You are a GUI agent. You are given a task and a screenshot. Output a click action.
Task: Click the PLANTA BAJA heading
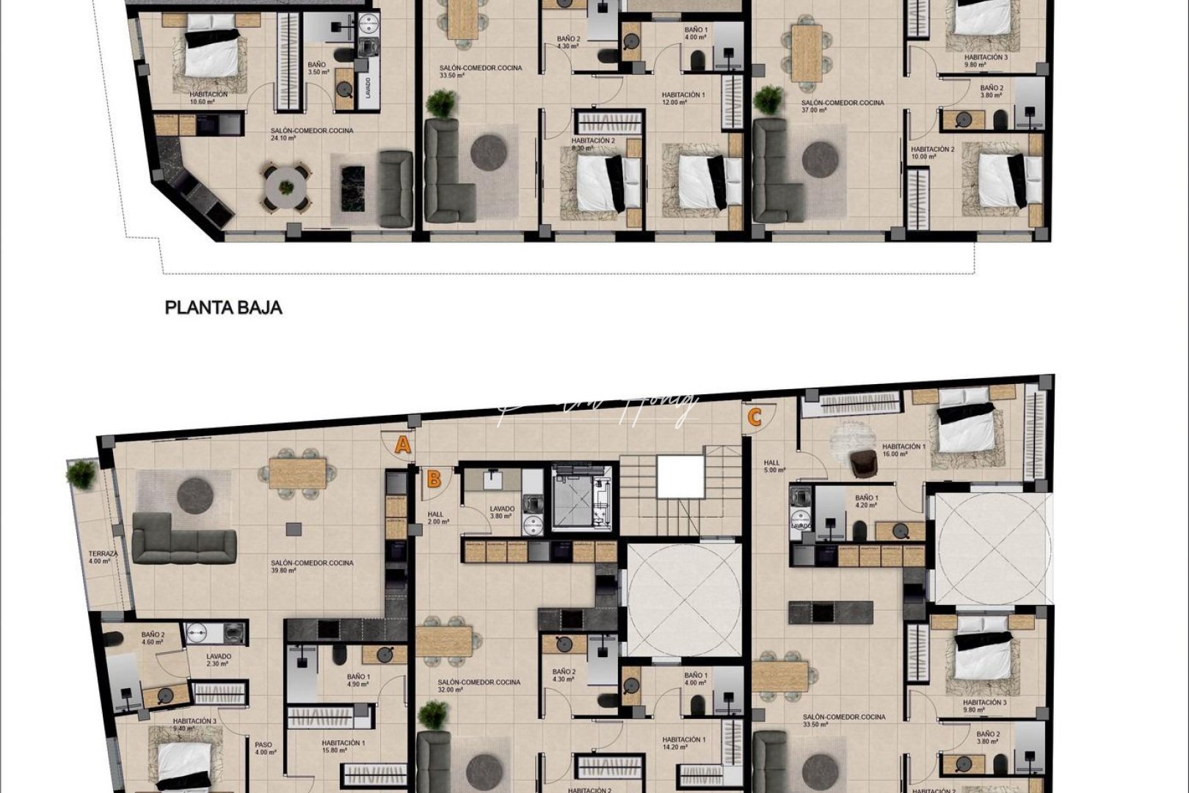point(223,307)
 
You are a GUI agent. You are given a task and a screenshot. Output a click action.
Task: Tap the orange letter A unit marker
point(402,444)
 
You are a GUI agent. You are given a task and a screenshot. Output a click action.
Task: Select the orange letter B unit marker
point(434,479)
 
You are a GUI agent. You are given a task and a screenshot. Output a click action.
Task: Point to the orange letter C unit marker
point(754,418)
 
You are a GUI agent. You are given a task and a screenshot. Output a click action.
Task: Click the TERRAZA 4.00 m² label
point(98,557)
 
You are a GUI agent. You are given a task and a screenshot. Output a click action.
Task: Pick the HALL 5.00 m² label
point(774,466)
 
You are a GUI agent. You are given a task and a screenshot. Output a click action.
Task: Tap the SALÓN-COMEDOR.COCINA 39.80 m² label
point(312,567)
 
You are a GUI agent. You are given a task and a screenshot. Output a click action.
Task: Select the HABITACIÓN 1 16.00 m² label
point(903,450)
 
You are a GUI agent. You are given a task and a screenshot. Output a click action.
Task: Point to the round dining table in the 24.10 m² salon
point(286,187)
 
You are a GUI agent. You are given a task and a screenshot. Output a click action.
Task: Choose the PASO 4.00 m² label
point(264,747)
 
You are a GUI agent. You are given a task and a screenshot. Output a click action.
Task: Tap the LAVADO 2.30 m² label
point(218,660)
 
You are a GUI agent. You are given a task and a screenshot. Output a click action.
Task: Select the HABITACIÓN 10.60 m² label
point(208,98)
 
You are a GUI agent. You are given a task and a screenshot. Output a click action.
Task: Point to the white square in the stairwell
point(680,477)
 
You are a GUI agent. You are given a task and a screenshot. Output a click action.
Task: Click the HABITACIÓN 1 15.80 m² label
point(343,747)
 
